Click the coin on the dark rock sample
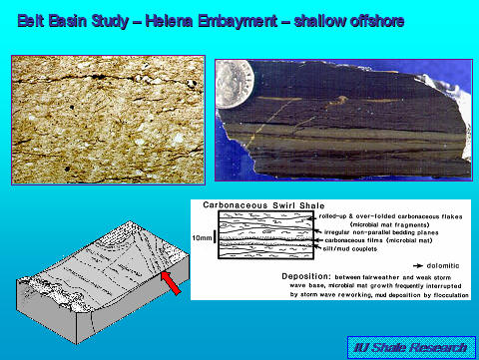pos(235,78)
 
